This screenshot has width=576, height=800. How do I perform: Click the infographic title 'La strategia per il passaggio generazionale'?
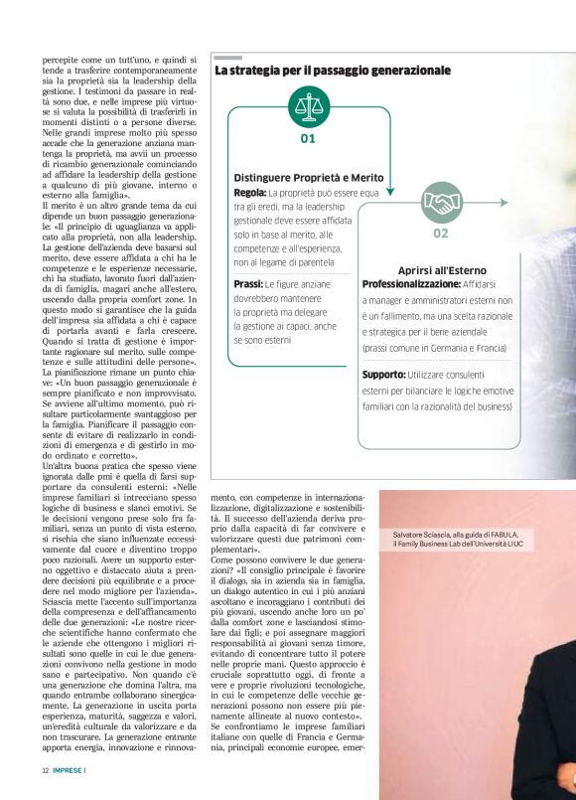point(333,71)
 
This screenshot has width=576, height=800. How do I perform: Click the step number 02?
point(441,234)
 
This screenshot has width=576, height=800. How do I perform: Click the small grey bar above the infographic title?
point(228,58)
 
